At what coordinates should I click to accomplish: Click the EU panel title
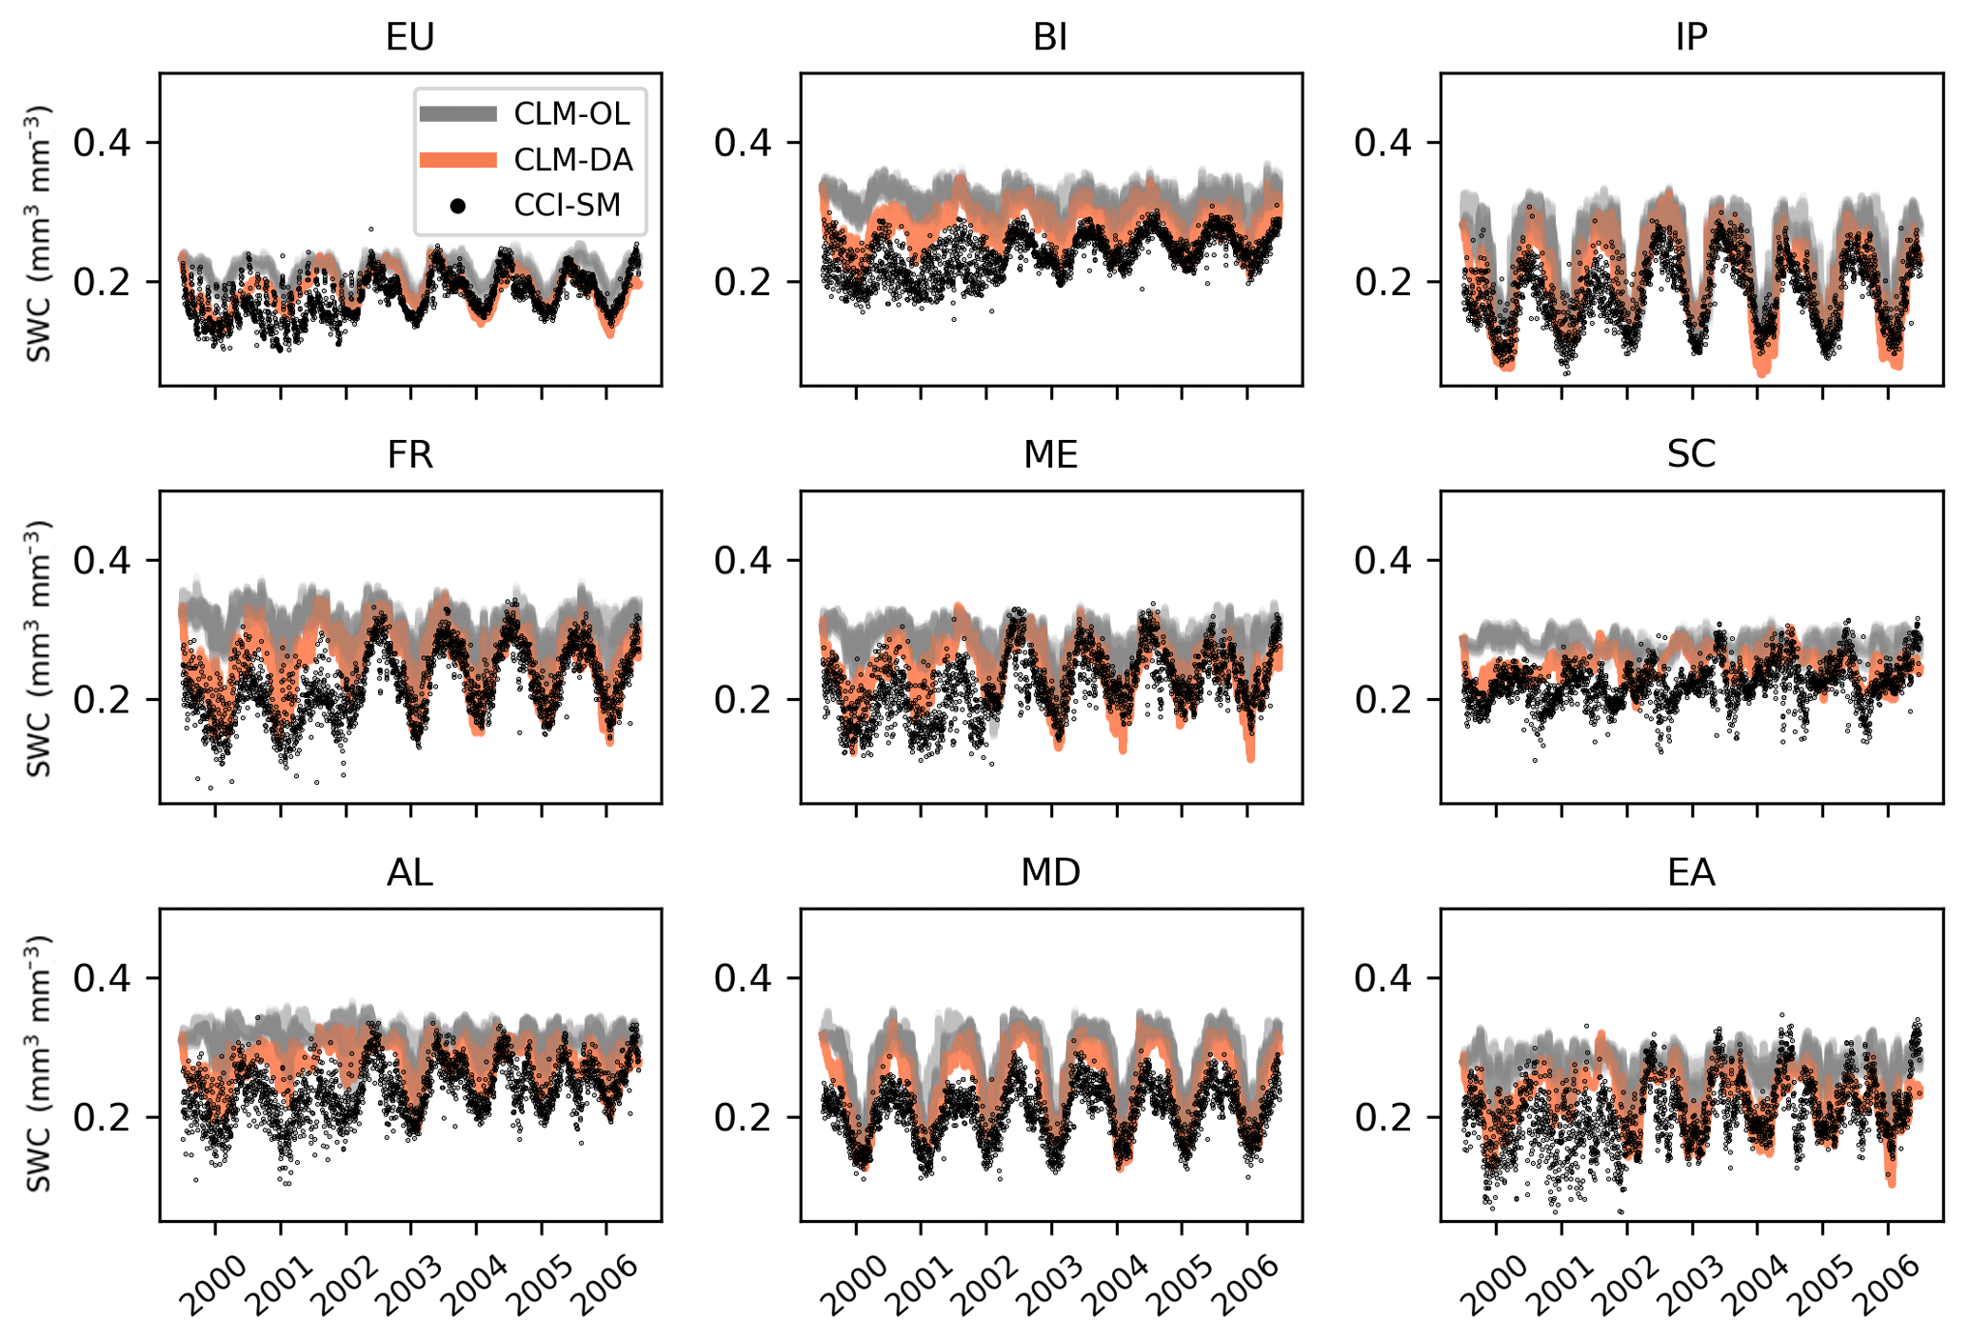point(409,37)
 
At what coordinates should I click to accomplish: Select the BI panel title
point(1050,37)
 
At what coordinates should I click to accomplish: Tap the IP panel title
point(1691,37)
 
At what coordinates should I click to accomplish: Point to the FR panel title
point(409,454)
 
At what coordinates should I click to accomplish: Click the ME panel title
point(1050,454)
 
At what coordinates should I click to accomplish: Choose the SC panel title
point(1691,454)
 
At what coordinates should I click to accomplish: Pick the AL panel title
point(409,872)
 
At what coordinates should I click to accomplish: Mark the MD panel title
point(1050,872)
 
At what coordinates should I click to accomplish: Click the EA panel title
point(1691,872)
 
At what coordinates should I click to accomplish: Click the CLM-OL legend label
point(571,114)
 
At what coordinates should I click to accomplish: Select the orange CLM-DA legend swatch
point(458,160)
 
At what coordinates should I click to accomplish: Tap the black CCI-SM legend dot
point(458,206)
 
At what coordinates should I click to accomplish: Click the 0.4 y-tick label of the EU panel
point(102,143)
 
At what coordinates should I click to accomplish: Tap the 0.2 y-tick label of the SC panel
point(1382,700)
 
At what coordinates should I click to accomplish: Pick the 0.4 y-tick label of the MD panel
point(743,978)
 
